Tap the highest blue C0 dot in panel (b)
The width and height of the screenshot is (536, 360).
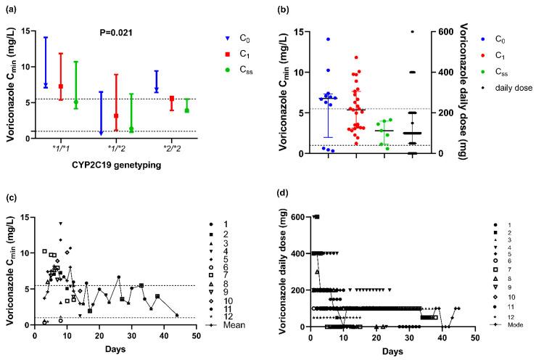[328, 38]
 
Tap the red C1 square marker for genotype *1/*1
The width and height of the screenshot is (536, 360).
[61, 86]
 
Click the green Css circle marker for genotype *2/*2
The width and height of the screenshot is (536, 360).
[186, 110]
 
